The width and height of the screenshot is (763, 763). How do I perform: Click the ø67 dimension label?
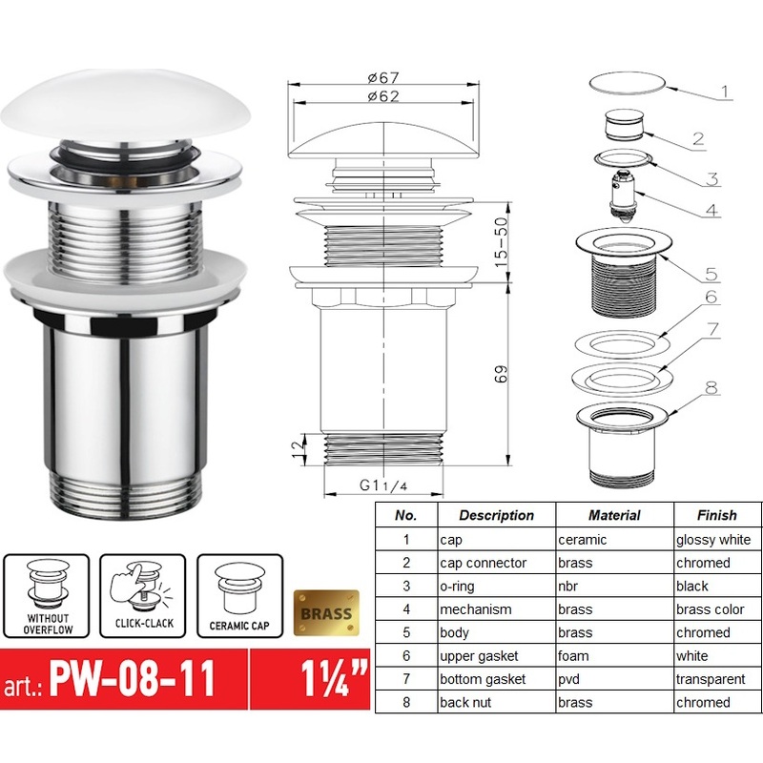[x=381, y=77]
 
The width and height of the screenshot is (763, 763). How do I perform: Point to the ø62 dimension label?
[x=381, y=96]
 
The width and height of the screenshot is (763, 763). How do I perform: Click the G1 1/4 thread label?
[x=383, y=485]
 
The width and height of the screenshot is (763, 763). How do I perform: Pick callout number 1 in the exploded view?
[x=725, y=93]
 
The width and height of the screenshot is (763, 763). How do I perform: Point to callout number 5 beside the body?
[x=711, y=274]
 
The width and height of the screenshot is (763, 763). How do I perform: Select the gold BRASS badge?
[x=326, y=613]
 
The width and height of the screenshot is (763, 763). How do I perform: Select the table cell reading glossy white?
[x=716, y=540]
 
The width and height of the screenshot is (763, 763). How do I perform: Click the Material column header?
[x=614, y=515]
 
